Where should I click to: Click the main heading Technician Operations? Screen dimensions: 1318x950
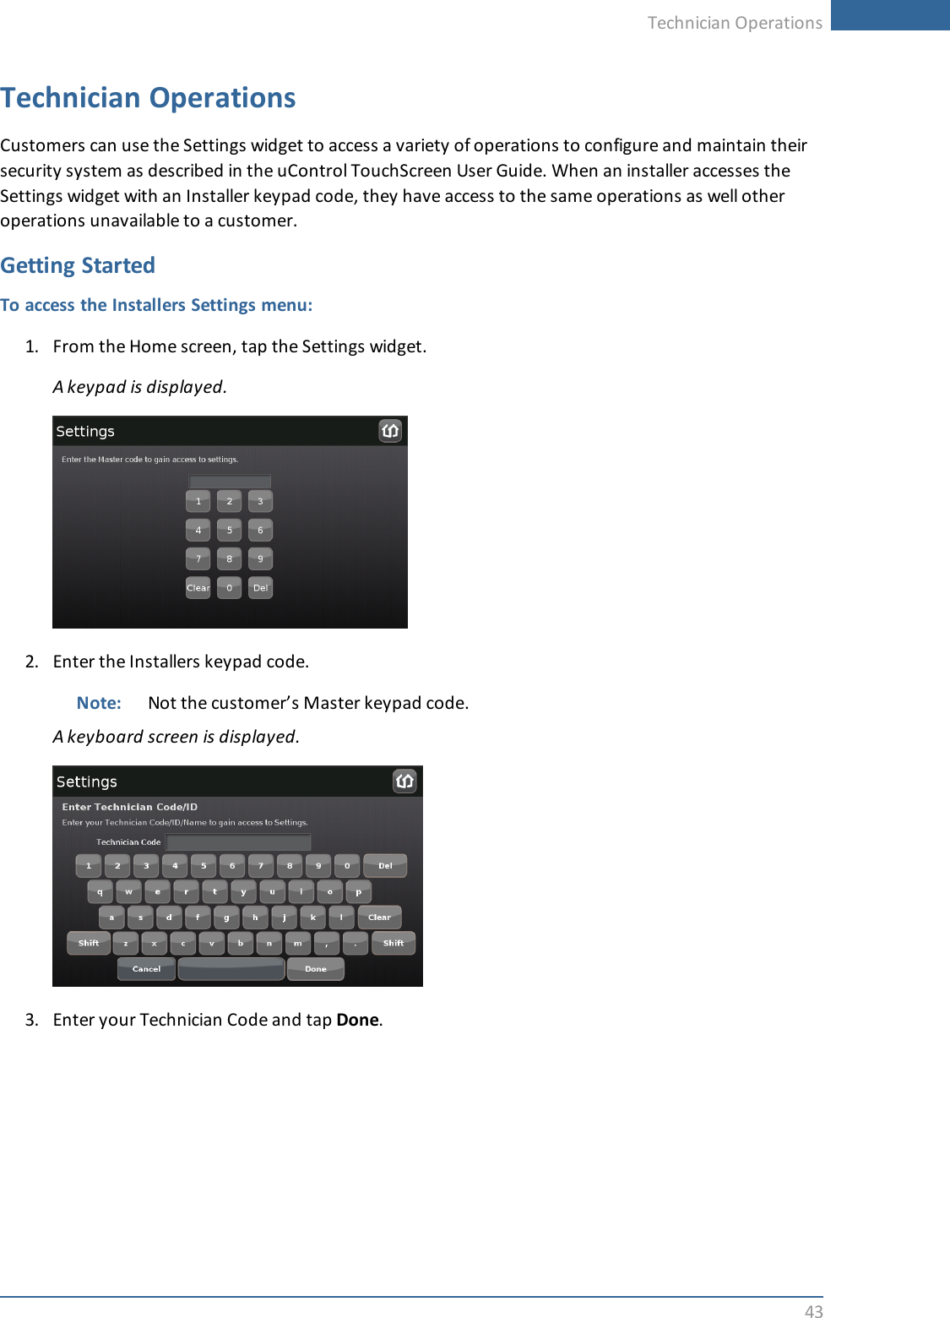click(148, 98)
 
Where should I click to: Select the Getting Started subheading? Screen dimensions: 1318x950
click(78, 265)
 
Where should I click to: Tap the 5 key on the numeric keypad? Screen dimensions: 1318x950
click(229, 530)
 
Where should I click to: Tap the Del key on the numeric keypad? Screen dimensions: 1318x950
click(260, 587)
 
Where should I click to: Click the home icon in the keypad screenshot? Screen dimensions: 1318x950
click(389, 431)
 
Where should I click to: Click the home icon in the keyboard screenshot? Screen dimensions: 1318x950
click(404, 781)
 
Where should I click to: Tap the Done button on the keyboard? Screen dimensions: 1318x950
click(315, 968)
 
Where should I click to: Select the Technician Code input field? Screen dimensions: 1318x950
click(238, 841)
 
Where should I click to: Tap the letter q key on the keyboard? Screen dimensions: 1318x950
click(100, 891)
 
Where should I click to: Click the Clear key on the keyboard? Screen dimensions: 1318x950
click(379, 917)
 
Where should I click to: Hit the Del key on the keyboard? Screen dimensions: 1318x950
click(385, 865)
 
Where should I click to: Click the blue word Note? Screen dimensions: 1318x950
click(99, 703)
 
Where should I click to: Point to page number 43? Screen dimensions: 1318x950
click(813, 1310)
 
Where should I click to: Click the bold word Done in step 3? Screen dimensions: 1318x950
click(357, 1020)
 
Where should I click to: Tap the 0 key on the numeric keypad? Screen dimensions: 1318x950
click(229, 587)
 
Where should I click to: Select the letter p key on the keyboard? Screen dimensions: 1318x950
click(358, 891)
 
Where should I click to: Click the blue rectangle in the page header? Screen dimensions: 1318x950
click(890, 15)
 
